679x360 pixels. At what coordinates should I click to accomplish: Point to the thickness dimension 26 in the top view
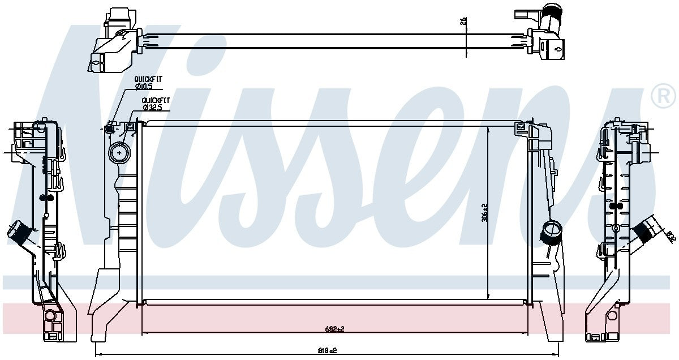tap(463, 21)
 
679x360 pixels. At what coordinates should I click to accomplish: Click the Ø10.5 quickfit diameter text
tap(145, 85)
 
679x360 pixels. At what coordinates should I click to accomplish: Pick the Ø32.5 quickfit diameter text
tap(153, 106)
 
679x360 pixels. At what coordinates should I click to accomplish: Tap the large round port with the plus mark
tap(119, 152)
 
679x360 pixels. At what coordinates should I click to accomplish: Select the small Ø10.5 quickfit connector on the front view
tap(110, 130)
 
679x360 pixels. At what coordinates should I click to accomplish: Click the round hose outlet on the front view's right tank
tap(550, 230)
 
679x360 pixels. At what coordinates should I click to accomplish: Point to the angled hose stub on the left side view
tap(16, 234)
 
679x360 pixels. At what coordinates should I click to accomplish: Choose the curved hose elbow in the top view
tap(551, 17)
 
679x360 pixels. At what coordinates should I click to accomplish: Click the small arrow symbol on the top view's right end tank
tap(558, 49)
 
